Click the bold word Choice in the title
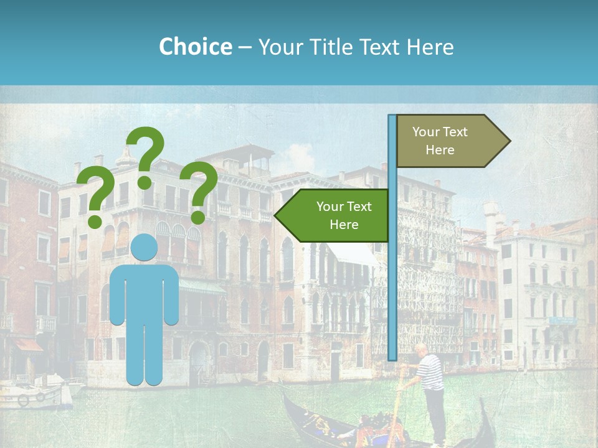pos(195,47)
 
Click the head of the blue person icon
pos(144,248)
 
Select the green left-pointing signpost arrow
pos(333,215)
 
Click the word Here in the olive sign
pos(440,150)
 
